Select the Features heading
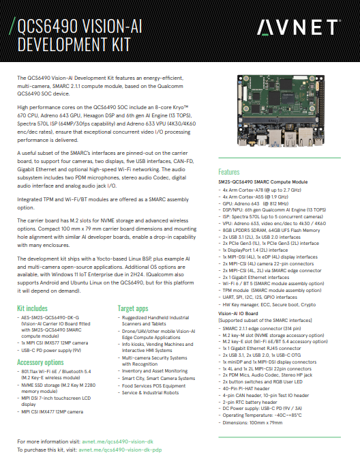[x=228, y=172]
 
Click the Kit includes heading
[x=32, y=308]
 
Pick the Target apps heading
[x=134, y=308]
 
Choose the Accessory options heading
[x=40, y=362]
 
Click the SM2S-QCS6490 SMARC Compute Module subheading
[x=262, y=182]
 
